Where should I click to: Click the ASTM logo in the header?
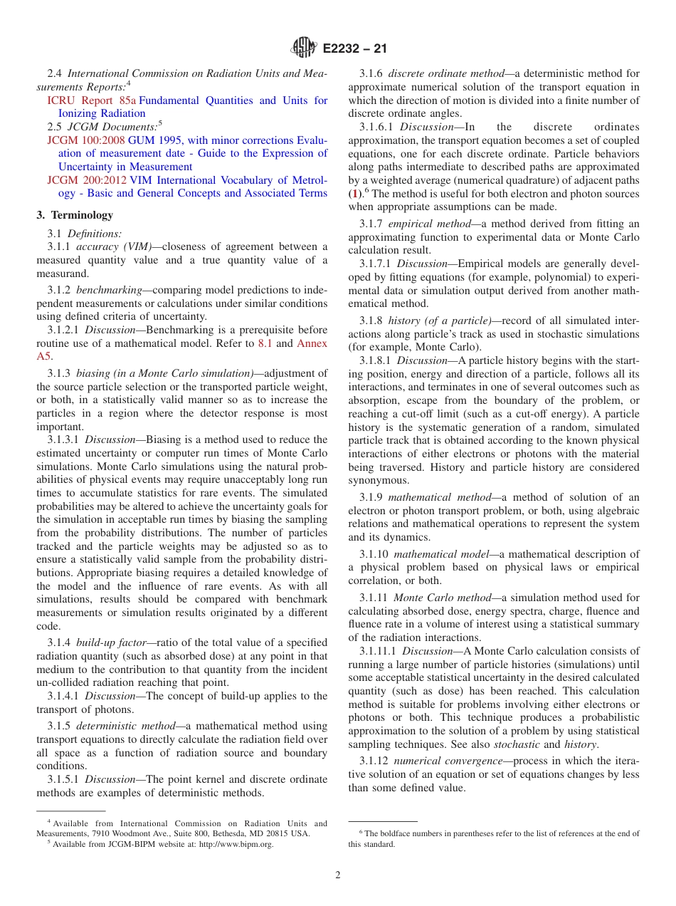(304, 48)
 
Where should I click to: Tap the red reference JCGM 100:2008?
(86, 140)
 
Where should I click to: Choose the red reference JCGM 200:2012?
(86, 180)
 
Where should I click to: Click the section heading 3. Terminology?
(75, 215)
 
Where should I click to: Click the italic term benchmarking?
(109, 290)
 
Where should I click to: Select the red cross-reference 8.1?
(265, 343)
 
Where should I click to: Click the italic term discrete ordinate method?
(445, 73)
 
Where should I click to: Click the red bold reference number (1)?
(354, 194)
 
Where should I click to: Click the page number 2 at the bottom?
(338, 875)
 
